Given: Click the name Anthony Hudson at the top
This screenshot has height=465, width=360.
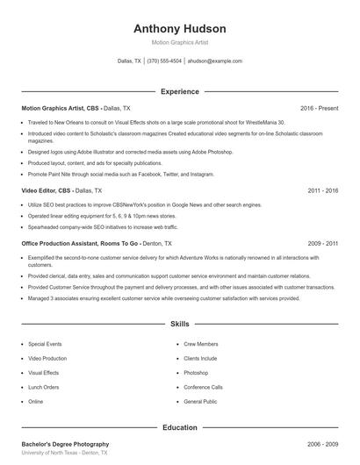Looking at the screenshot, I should click(x=180, y=29).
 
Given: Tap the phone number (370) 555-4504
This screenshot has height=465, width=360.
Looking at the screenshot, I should click(x=164, y=61).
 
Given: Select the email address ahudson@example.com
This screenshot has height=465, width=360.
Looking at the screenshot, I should click(x=215, y=61).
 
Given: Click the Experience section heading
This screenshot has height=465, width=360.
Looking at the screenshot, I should click(x=180, y=91).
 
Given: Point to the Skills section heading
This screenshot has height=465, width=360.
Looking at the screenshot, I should click(x=180, y=324).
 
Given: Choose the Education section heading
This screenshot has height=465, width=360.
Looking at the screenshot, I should click(x=180, y=427).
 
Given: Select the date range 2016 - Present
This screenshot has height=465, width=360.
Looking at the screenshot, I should click(x=319, y=108).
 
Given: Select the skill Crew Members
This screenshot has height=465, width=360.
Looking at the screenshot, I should click(x=201, y=344).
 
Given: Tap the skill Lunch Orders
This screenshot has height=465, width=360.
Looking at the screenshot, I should click(x=44, y=387).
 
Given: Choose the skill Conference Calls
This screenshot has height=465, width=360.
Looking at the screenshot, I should click(x=203, y=387).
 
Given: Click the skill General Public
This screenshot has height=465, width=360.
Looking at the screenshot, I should click(x=200, y=401).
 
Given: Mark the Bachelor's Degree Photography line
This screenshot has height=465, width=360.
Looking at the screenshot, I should click(x=66, y=445).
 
